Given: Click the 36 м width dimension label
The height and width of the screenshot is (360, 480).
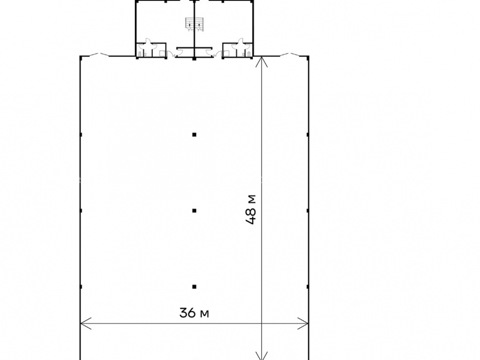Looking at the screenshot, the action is [x=194, y=313].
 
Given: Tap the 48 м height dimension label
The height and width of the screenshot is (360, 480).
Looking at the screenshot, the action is [x=251, y=210].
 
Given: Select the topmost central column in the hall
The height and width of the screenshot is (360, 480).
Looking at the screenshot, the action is [x=194, y=134].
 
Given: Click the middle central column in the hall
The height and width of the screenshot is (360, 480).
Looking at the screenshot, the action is [x=194, y=210].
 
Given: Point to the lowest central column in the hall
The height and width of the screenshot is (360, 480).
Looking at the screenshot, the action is [x=194, y=287].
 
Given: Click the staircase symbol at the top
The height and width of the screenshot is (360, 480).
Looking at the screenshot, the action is [x=194, y=24].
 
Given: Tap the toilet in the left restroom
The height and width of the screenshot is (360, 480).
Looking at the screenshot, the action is [x=140, y=54].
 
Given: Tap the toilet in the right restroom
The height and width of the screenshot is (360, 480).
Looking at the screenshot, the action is [x=248, y=54].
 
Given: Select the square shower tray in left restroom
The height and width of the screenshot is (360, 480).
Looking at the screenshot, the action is [x=162, y=53].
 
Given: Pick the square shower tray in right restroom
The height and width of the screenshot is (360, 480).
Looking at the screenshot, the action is [x=226, y=53].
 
